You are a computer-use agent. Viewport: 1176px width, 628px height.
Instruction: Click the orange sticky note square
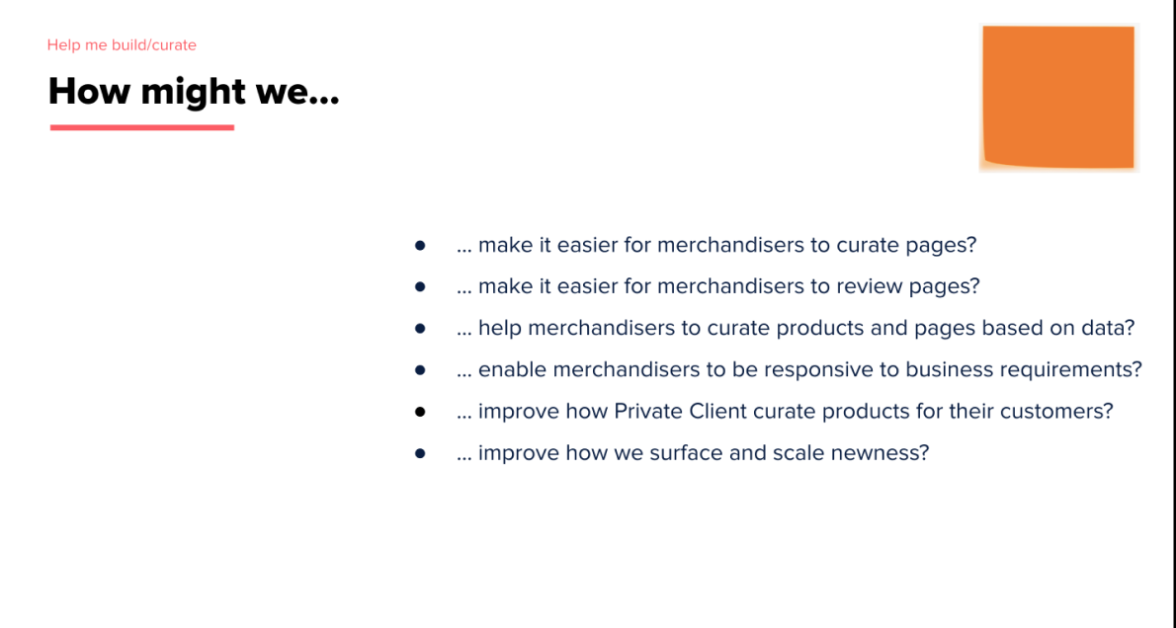[1058, 98]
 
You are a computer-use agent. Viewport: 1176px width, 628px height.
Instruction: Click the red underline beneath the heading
[142, 127]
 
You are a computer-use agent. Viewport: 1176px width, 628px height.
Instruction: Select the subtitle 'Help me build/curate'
[122, 45]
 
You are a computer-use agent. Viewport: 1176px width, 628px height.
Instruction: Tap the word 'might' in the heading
[193, 92]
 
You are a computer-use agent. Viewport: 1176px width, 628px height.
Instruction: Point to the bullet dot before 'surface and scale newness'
[420, 452]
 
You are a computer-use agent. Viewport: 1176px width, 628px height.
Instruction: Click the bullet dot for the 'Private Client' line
[420, 412]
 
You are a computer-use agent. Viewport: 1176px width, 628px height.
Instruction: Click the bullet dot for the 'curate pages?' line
[420, 245]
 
